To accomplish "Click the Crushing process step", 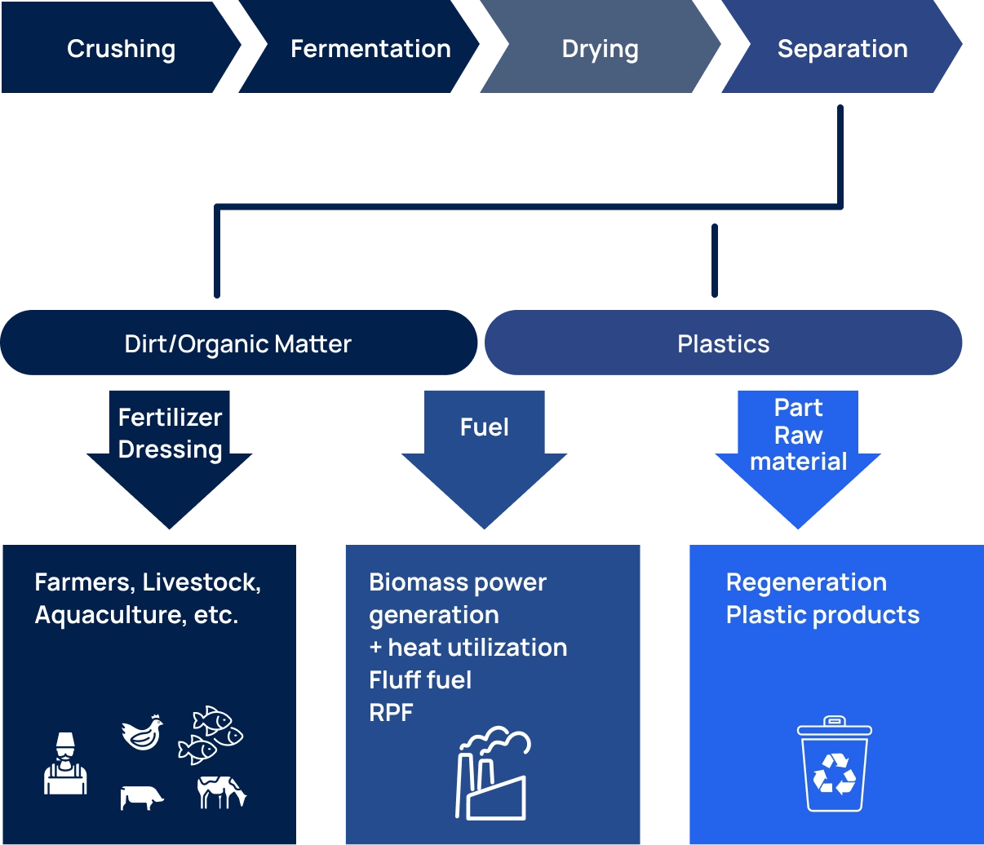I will pos(121,49).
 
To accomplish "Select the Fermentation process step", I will pos(370,49).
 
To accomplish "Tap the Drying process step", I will pos(600,49).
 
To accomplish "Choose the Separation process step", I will pos(842,49).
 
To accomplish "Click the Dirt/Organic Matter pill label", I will pos(237,343).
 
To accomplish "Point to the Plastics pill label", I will pos(723,343).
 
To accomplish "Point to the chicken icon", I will pos(142,732).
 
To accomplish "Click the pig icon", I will pos(142,797).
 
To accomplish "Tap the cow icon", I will pos(221,792).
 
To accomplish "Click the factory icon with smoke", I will pos(492,774).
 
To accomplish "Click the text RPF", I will pos(391,712).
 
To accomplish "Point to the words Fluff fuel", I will pos(420,679).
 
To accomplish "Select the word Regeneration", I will pos(806,582).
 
